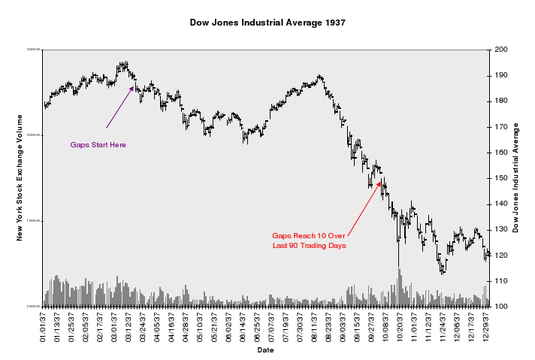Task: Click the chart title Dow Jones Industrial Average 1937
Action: [267, 23]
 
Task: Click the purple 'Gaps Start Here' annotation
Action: [98, 144]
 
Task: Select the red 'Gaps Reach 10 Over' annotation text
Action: [309, 235]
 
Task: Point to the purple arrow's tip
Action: [134, 86]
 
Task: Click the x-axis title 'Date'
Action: [265, 350]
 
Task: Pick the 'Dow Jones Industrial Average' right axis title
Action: [516, 178]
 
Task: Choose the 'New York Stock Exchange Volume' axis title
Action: [20, 178]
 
